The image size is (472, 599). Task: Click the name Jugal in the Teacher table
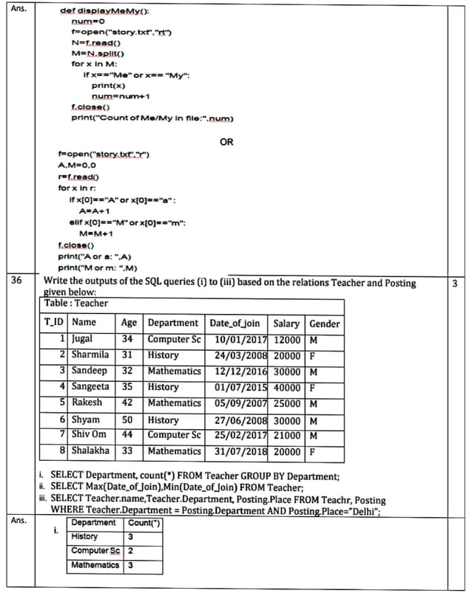(x=83, y=339)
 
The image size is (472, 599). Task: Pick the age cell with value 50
(x=127, y=420)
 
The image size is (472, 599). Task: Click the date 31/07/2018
(x=238, y=451)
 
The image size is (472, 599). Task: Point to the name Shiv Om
(x=90, y=435)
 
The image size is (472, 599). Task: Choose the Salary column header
(x=286, y=323)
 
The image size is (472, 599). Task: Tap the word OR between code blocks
(x=226, y=142)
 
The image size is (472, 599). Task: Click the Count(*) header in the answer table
(x=145, y=523)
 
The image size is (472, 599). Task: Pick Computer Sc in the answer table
(x=95, y=551)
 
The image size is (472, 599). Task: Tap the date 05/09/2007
(x=238, y=403)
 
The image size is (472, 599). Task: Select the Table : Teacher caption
(x=76, y=303)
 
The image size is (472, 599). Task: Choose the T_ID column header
(x=54, y=323)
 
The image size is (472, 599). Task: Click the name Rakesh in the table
(x=87, y=403)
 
